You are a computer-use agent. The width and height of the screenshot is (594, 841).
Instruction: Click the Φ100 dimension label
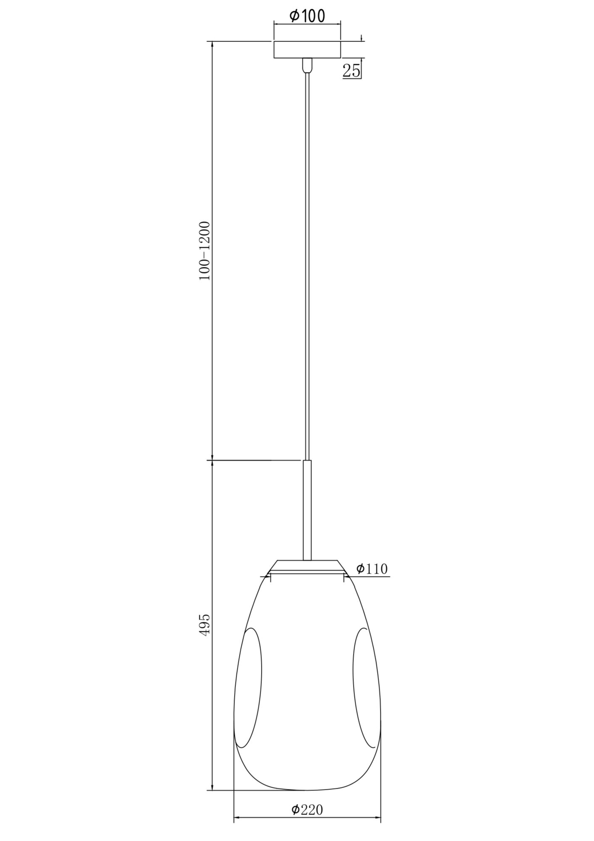(x=307, y=16)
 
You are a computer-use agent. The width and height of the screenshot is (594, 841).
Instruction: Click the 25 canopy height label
(x=351, y=71)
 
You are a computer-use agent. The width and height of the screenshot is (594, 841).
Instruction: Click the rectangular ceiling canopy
(x=307, y=49)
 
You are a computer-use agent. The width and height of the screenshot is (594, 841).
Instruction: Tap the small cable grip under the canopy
(x=307, y=65)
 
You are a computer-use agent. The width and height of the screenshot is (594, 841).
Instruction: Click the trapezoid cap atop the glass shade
(x=307, y=564)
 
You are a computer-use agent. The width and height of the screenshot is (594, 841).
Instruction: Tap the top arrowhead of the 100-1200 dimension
(x=212, y=44)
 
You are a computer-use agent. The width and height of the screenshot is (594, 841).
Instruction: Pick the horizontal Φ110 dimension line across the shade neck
(x=307, y=576)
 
